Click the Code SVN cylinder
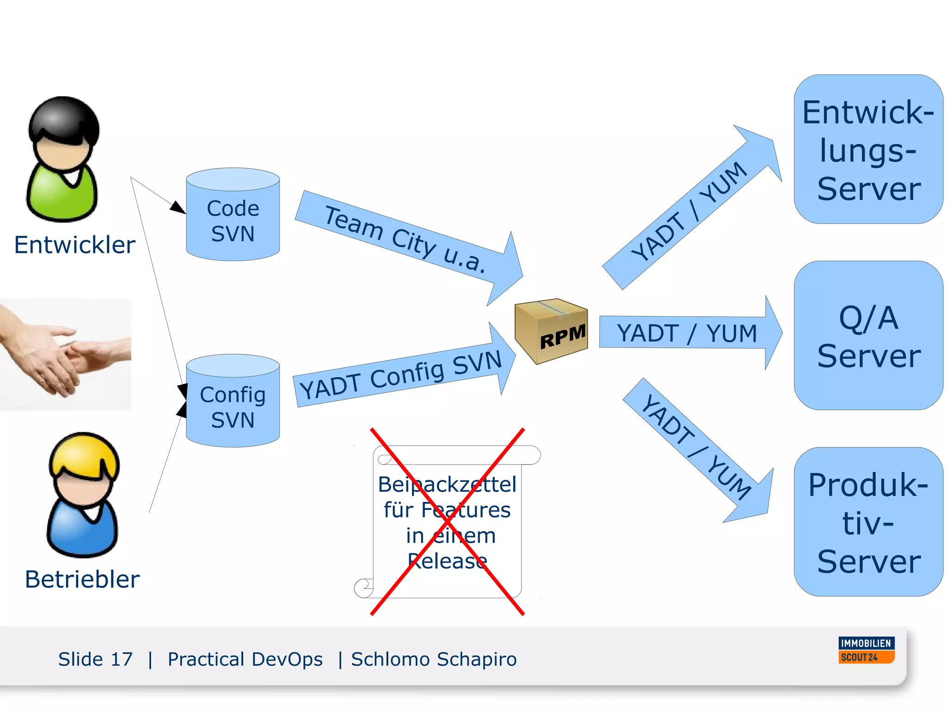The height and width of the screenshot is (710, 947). click(233, 215)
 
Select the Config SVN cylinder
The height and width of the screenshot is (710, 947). click(233, 401)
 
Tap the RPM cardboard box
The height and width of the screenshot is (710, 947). click(551, 331)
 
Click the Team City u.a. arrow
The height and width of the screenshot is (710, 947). click(407, 240)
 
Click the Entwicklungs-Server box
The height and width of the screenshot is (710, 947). click(868, 149)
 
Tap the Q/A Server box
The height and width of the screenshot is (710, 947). click(868, 336)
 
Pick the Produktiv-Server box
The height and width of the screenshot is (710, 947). click(868, 522)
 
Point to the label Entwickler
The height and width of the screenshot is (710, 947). click(74, 245)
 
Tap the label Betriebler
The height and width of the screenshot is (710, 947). click(82, 579)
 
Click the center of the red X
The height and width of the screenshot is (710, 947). click(447, 522)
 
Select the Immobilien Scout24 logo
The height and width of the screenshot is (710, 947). click(866, 650)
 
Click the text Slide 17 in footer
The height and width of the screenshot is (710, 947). click(95, 659)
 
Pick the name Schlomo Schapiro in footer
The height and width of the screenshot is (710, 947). click(434, 659)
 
